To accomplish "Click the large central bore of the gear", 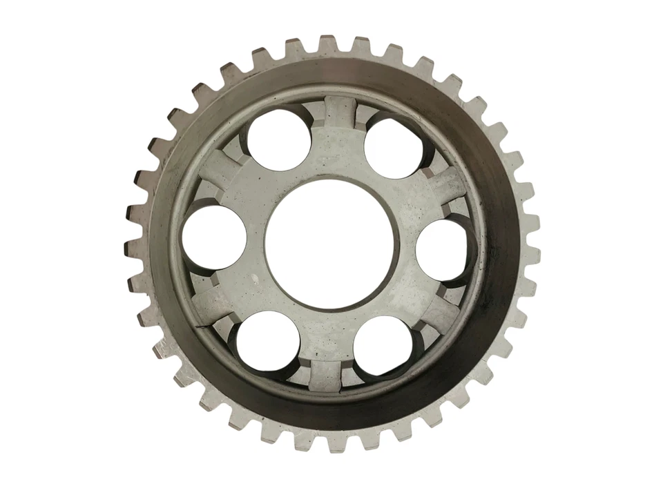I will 329,245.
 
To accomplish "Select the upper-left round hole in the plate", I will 278,141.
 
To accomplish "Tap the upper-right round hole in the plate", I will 394,146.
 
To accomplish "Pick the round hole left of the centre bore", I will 214,238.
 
